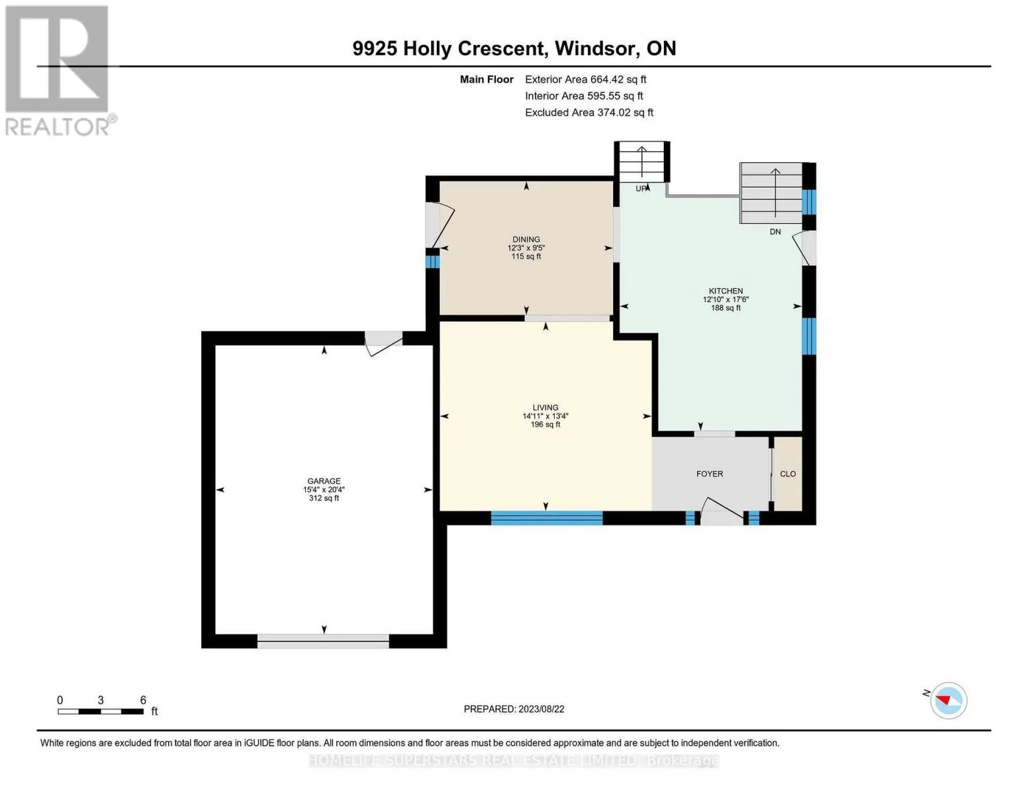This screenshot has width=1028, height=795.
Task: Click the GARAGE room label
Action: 324,481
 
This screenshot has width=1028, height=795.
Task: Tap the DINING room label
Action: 526,240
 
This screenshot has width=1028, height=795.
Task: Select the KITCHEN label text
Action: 725,291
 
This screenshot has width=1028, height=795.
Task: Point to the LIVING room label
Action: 545,407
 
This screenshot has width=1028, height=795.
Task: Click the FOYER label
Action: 710,474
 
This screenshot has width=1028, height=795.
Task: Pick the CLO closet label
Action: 788,474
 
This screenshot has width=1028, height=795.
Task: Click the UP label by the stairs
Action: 641,188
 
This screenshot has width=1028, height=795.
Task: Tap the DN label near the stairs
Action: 775,231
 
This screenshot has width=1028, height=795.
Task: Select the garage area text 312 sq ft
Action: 324,498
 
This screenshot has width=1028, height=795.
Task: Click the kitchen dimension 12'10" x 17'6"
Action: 725,299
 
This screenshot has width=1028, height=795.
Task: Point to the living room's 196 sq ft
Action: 545,425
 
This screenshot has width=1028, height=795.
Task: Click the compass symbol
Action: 948,701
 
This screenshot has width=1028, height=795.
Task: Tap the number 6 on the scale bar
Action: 143,700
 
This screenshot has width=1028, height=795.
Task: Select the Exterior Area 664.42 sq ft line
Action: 586,79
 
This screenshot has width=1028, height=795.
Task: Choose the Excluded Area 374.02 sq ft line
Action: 589,113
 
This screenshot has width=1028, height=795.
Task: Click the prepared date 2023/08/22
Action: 541,710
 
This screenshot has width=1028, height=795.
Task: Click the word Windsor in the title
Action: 595,48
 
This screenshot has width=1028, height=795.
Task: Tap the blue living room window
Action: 546,518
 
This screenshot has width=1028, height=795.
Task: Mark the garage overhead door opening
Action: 323,641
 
